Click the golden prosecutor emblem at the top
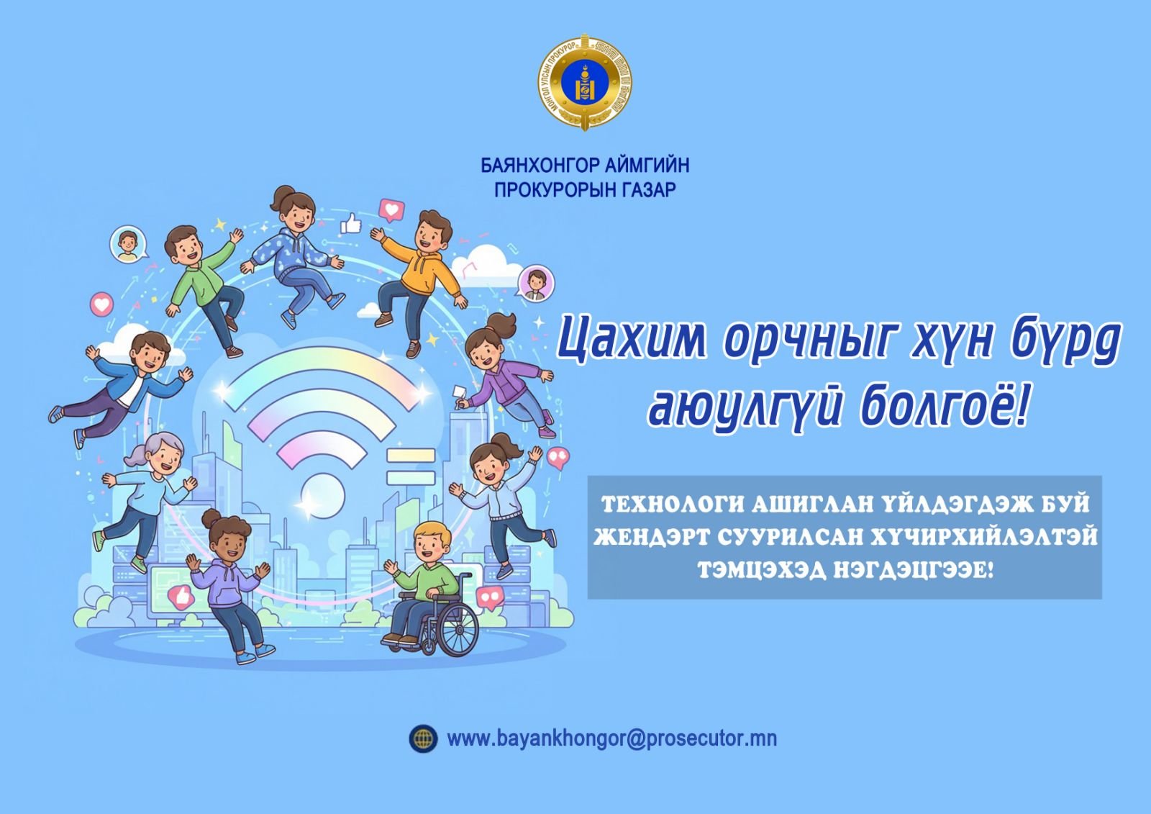pyautogui.click(x=585, y=83)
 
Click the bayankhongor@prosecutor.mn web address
pyautogui.click(x=611, y=738)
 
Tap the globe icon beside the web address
pyautogui.click(x=423, y=738)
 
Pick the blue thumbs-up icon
pyautogui.click(x=350, y=224)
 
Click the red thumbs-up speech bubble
pyautogui.click(x=180, y=596)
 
